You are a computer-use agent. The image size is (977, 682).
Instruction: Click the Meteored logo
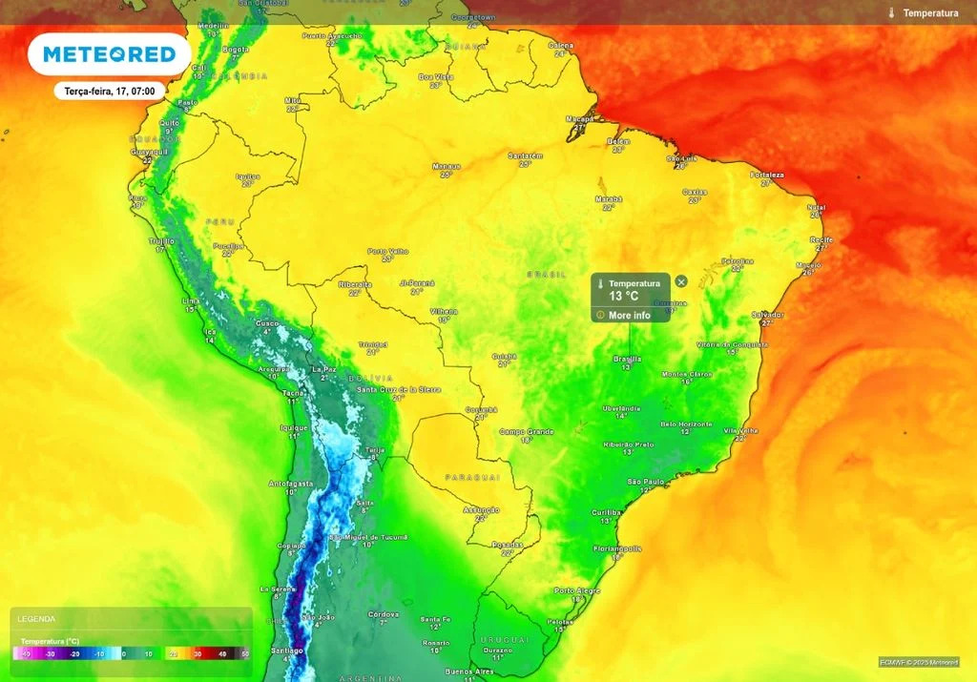pyautogui.click(x=110, y=54)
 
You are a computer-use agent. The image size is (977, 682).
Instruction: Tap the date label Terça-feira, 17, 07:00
pyautogui.click(x=110, y=91)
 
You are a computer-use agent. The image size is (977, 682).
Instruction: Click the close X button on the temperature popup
pyautogui.click(x=681, y=281)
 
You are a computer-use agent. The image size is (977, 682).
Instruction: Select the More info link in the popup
pyautogui.click(x=629, y=315)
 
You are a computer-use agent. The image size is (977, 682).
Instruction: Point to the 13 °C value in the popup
pyautogui.click(x=624, y=297)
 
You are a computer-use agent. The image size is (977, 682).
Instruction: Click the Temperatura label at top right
pyautogui.click(x=930, y=13)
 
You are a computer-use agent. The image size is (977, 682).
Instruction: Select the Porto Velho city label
pyautogui.click(x=387, y=251)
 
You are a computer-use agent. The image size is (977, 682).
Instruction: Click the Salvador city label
pyautogui.click(x=767, y=314)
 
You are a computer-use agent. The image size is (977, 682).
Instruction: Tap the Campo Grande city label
pyautogui.click(x=527, y=431)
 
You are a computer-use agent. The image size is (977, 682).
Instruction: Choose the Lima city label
pyautogui.click(x=191, y=300)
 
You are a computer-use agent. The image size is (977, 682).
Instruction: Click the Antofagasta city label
pyautogui.click(x=291, y=484)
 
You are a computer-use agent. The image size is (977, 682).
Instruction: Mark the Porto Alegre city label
pyautogui.click(x=576, y=590)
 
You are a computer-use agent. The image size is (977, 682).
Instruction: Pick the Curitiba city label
pyautogui.click(x=606, y=512)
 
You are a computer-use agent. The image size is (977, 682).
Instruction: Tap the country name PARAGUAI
pyautogui.click(x=471, y=476)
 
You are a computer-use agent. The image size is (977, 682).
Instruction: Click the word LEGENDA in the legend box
pyautogui.click(x=36, y=619)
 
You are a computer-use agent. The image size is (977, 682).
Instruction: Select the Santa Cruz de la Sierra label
pyautogui.click(x=398, y=389)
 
